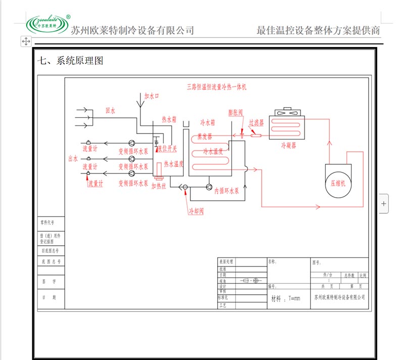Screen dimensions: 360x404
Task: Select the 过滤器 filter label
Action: click(x=256, y=122)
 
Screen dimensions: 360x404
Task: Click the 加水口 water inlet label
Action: click(x=151, y=95)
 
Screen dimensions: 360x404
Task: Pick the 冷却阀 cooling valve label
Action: click(x=195, y=210)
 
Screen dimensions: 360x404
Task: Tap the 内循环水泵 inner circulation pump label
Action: click(x=226, y=192)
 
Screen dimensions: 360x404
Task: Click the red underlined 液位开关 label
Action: click(x=167, y=149)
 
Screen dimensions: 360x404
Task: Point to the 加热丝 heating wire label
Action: click(x=159, y=186)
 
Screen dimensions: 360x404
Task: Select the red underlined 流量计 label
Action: click(x=95, y=184)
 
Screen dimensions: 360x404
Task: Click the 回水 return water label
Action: click(x=110, y=110)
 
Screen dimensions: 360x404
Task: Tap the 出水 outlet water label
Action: click(x=73, y=158)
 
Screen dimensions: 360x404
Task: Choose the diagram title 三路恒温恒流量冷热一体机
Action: click(x=216, y=87)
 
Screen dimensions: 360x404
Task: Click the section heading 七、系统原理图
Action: click(x=71, y=61)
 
